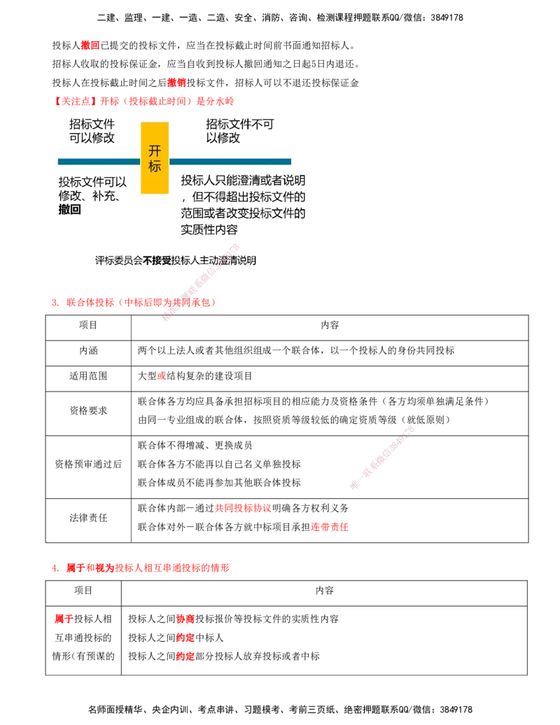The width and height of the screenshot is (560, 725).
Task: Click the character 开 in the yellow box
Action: click(x=155, y=151)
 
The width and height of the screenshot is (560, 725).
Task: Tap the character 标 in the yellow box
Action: click(x=155, y=167)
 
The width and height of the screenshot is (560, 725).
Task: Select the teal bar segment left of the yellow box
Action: click(x=98, y=162)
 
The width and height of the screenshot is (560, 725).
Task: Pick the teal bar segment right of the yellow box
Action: click(x=231, y=162)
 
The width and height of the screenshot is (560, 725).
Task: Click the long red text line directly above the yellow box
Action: click(x=145, y=101)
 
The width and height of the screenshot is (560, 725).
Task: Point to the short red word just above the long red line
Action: click(x=176, y=83)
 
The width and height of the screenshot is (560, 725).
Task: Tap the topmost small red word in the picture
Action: click(x=90, y=45)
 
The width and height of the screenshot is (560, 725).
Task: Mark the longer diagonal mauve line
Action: click(x=201, y=281)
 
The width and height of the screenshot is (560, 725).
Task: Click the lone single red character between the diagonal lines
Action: click(x=162, y=375)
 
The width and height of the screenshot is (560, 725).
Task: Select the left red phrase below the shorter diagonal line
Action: click(x=242, y=509)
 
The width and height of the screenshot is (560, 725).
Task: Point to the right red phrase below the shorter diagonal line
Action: click(x=330, y=527)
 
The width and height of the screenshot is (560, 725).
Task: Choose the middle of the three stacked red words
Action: click(x=185, y=638)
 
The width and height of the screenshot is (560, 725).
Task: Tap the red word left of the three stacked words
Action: click(x=63, y=619)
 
